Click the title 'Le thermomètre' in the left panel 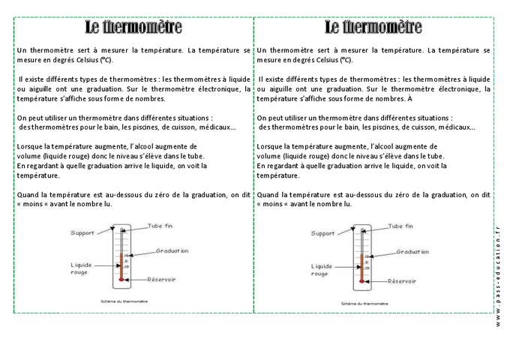[x=133, y=28]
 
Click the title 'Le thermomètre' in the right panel [x=373, y=28]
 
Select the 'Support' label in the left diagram [x=82, y=233]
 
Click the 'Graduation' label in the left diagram [x=172, y=251]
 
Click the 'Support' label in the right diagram [x=322, y=233]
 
